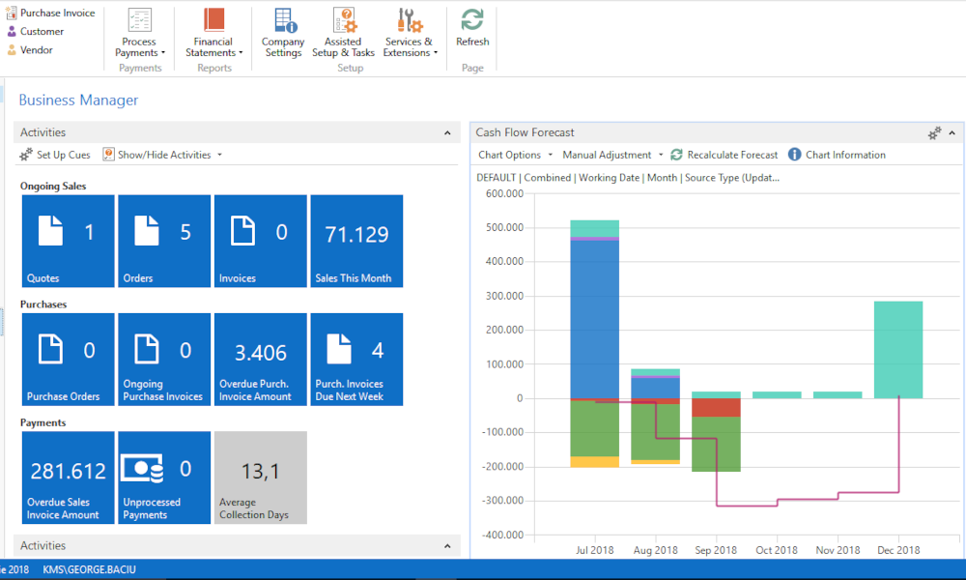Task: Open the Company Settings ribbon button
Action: [x=283, y=33]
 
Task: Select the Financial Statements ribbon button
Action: [x=213, y=33]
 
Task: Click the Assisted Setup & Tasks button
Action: [x=343, y=33]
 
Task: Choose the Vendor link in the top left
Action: [x=37, y=49]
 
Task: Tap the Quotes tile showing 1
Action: [x=68, y=241]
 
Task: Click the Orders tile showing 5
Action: [x=164, y=241]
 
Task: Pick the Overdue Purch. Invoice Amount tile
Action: [x=261, y=359]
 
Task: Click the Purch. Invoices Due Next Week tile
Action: [x=356, y=359]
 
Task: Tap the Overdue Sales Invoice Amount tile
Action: [x=68, y=478]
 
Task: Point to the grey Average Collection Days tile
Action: [x=261, y=478]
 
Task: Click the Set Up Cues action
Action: [x=55, y=155]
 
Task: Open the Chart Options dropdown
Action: [x=515, y=155]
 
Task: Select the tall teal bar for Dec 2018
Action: [x=898, y=349]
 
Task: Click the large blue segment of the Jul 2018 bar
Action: [x=594, y=319]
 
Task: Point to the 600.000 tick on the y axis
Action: [x=503, y=193]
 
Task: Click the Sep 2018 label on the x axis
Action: [x=716, y=550]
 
